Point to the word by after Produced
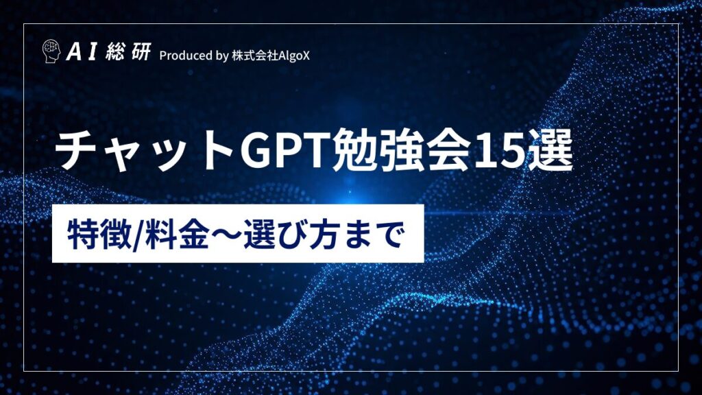point(221,56)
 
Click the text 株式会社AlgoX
point(271,55)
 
